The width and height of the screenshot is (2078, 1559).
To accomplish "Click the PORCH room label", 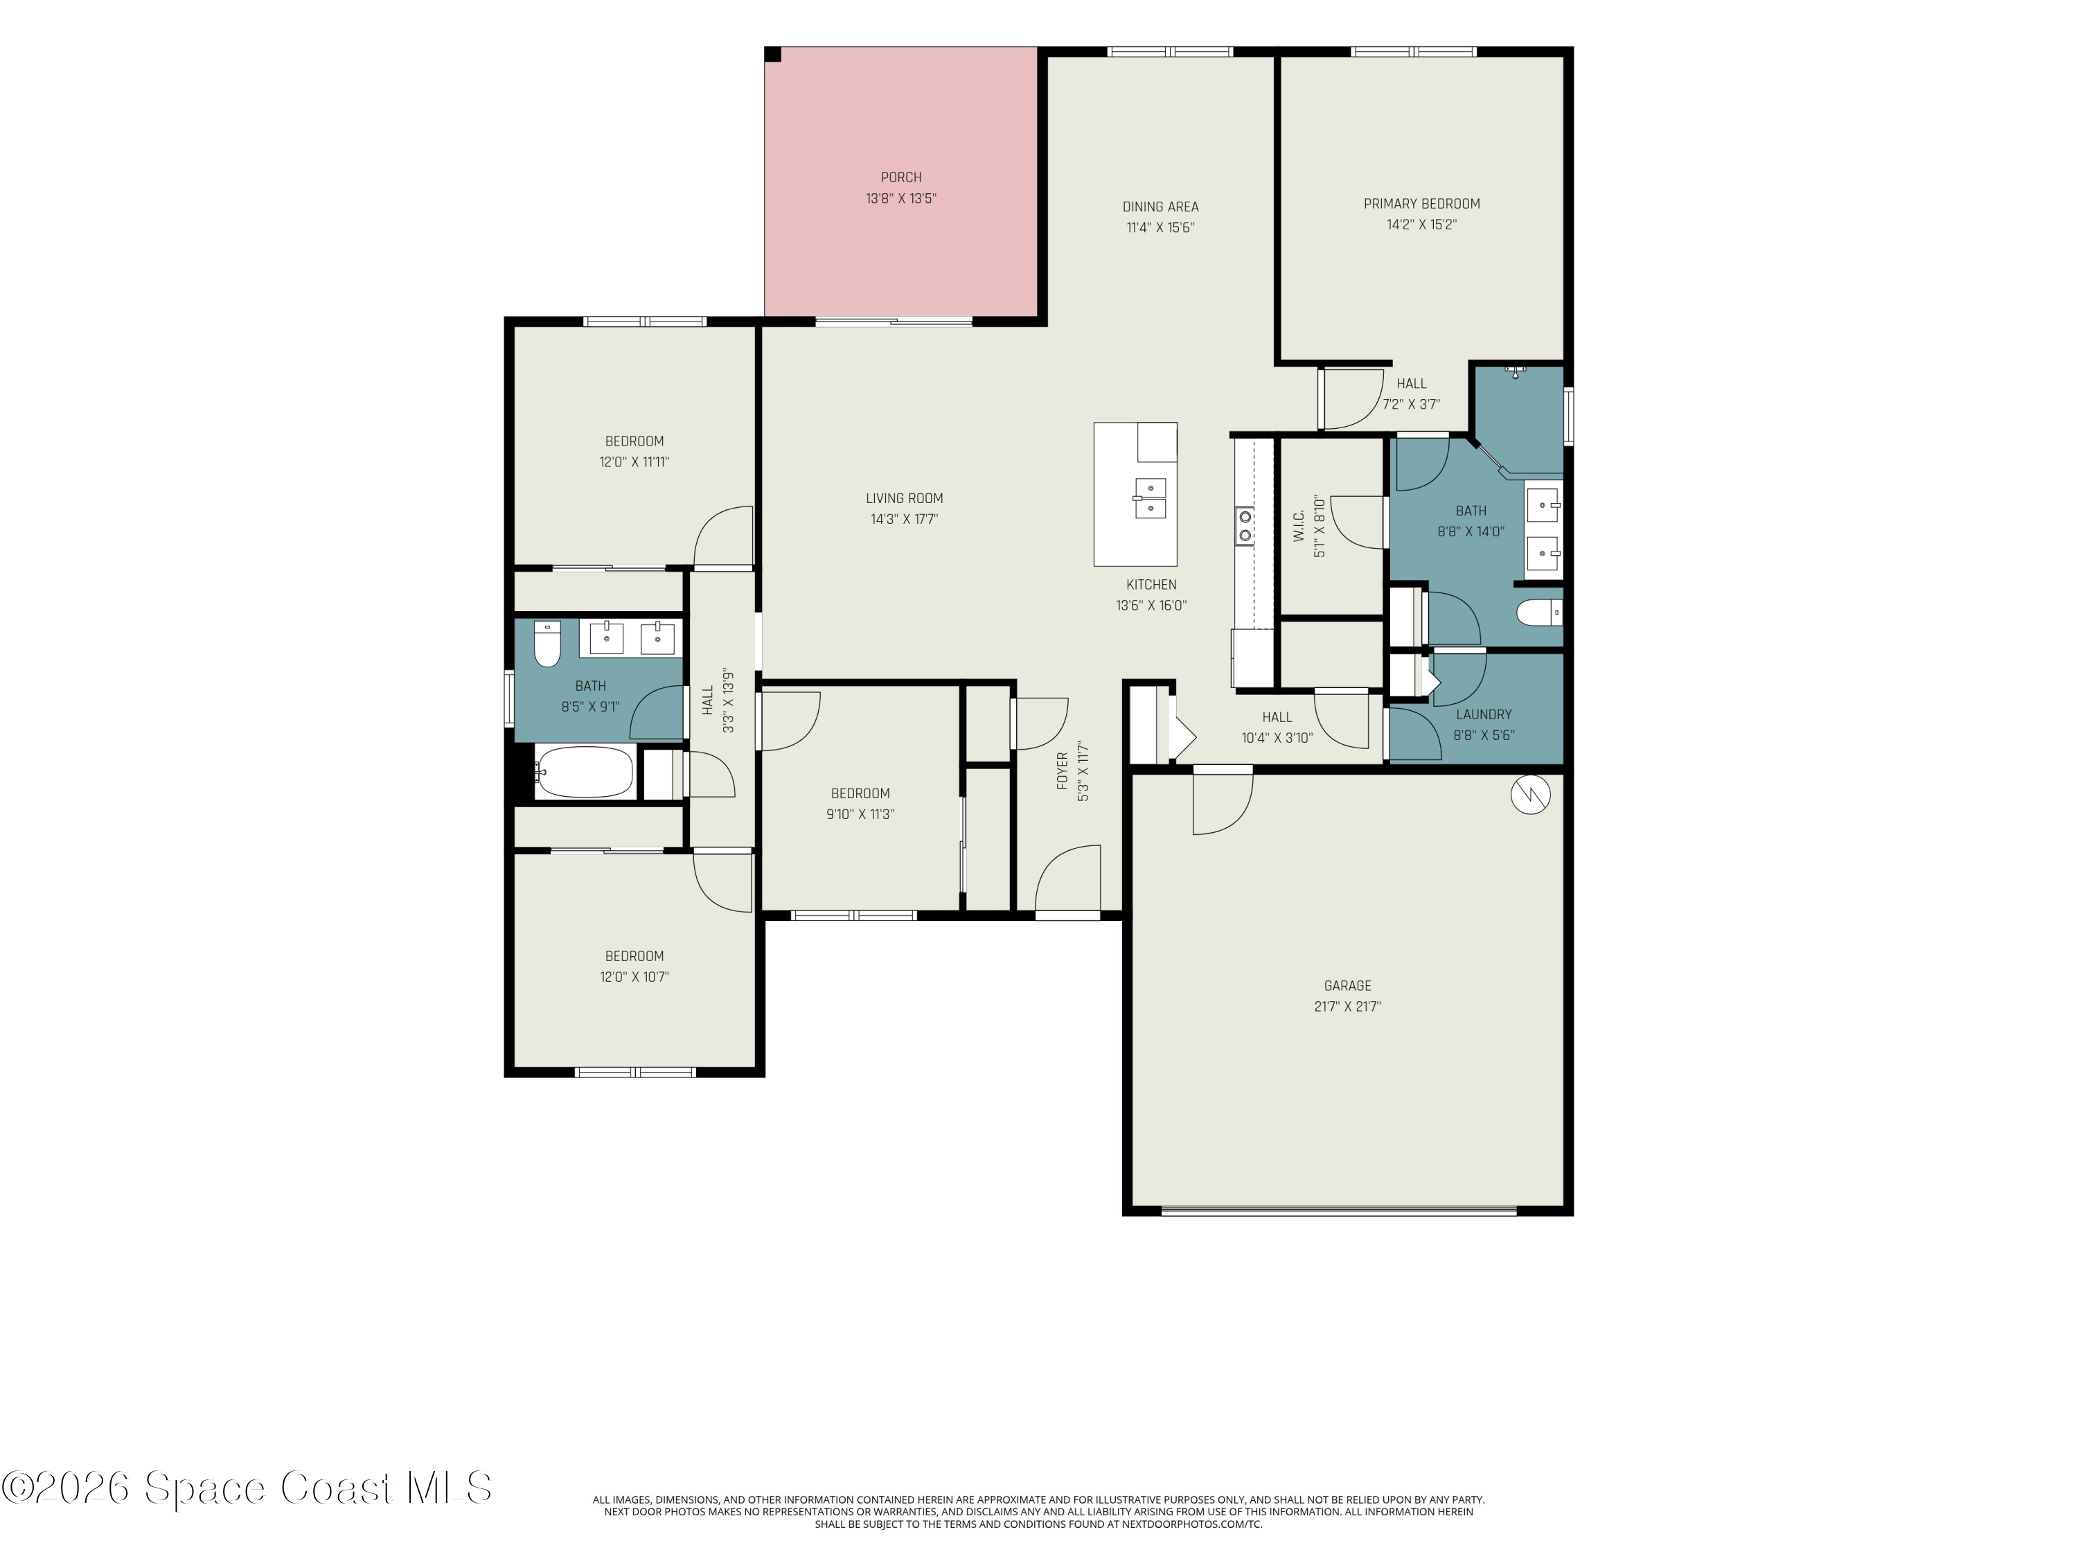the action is point(901,177).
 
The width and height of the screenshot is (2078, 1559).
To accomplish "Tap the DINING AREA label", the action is point(1160,206).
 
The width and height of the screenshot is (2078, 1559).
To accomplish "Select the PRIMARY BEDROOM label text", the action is point(1421,204).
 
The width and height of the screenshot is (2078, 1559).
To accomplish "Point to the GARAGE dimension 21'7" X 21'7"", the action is point(1347,1007).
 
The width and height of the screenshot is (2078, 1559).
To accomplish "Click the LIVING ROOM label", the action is point(904,499).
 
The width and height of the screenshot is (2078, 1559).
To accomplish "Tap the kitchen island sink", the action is point(1150,498).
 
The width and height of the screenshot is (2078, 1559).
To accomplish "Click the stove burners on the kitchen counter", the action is point(1245,525).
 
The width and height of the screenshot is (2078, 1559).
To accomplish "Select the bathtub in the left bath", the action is point(583,773).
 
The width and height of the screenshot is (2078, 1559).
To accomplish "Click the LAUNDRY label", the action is point(1484,715).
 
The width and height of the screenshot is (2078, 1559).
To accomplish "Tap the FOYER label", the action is point(1063,770).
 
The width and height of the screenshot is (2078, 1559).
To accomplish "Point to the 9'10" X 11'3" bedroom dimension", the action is point(860,815).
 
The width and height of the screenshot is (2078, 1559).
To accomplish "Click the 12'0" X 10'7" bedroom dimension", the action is point(634,977).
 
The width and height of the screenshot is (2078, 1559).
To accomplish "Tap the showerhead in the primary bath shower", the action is point(1514,371).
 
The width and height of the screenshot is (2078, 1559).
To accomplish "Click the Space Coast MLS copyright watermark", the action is point(246,1488).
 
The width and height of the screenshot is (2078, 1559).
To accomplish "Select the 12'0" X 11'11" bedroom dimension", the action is point(634,462).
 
